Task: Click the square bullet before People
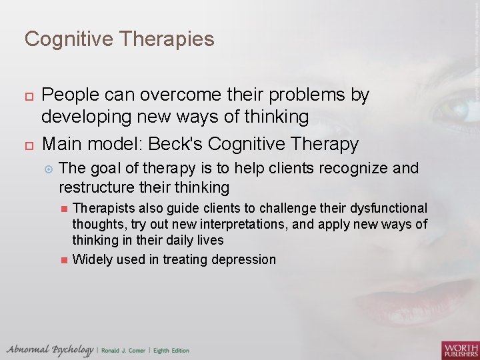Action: tap(27, 97)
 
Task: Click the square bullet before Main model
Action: tap(27, 144)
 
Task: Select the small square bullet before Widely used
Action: tap(64, 260)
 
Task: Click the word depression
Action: tap(243, 259)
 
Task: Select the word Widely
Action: tap(92, 259)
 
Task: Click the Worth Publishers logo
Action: tap(459, 349)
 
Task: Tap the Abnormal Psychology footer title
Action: tap(50, 350)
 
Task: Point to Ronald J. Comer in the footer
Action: tap(124, 351)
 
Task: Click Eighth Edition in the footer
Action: tap(171, 351)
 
